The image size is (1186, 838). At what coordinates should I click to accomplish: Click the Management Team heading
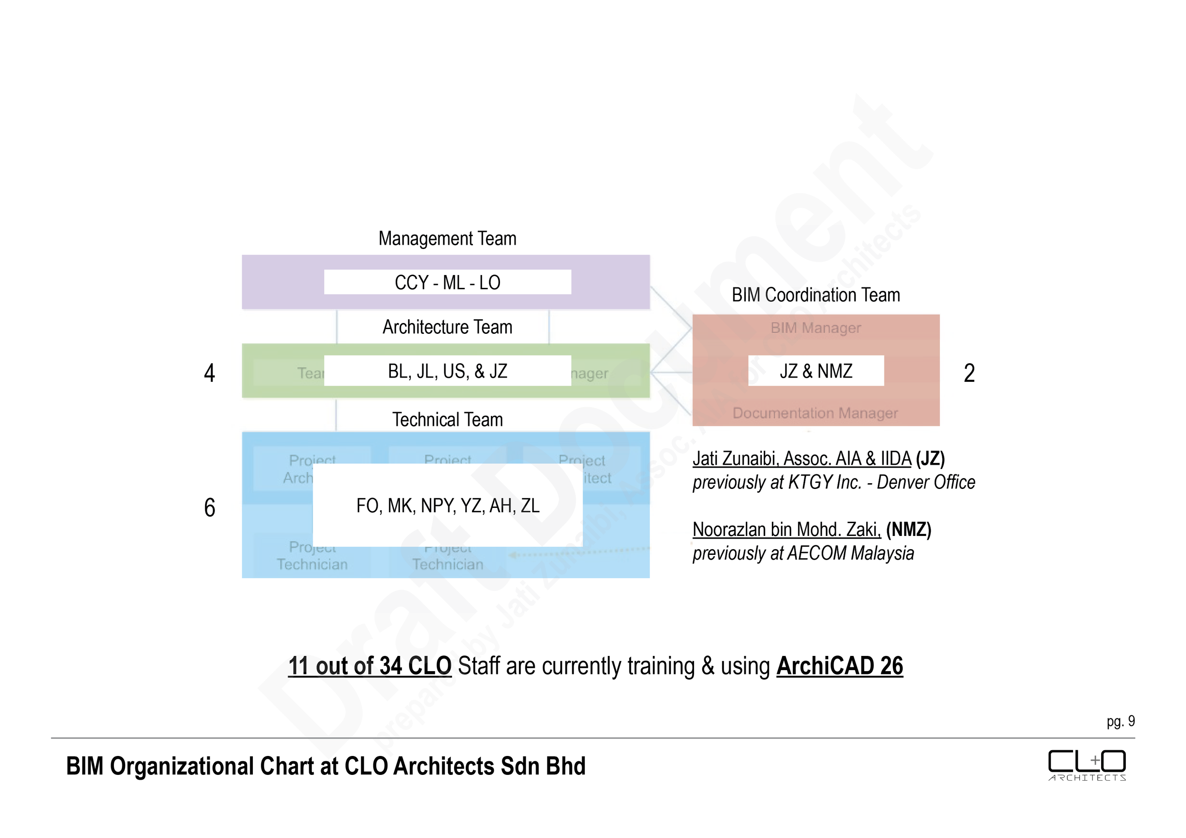(447, 239)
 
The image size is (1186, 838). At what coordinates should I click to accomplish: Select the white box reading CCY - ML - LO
(447, 283)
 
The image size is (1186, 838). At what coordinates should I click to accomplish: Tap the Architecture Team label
(447, 327)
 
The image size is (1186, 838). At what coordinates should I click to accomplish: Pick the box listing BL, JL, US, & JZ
(447, 371)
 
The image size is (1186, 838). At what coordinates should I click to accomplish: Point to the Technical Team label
(447, 419)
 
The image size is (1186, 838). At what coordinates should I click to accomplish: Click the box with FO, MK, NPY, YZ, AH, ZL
(447, 506)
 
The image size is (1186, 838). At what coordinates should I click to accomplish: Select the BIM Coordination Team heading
(815, 295)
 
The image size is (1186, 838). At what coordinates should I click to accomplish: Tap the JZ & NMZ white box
(815, 371)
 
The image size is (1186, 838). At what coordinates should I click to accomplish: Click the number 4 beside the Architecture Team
(209, 373)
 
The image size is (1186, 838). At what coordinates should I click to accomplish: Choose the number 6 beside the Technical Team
(209, 507)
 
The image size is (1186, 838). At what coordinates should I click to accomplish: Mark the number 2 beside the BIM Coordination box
(969, 373)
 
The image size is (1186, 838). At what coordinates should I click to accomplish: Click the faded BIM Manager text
(815, 328)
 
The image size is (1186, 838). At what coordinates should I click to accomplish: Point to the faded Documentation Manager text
(815, 413)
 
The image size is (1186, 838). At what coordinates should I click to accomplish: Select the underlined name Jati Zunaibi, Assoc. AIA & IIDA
(802, 459)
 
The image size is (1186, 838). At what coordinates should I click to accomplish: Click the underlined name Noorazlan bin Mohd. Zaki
(786, 530)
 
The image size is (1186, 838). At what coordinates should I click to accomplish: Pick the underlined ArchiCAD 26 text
(839, 666)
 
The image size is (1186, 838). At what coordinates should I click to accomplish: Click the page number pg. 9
(1121, 721)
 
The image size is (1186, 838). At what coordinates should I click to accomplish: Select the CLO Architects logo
(1087, 765)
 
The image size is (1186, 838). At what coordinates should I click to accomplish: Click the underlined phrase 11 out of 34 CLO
(370, 666)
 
